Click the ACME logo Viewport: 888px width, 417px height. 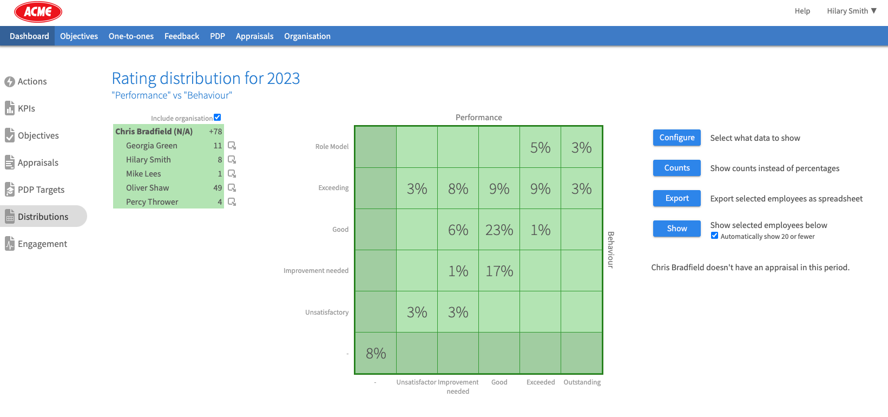tap(38, 11)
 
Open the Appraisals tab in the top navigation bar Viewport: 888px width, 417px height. tap(254, 36)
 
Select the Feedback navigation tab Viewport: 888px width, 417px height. tap(182, 36)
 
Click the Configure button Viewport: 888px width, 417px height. tap(676, 138)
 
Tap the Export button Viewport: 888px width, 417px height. tap(676, 198)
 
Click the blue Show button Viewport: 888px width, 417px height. tap(676, 229)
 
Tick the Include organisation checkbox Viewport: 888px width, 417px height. tap(218, 118)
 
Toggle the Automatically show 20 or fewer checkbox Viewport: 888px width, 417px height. tap(714, 236)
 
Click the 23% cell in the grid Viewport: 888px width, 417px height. tap(499, 230)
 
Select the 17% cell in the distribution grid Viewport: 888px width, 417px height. tap(499, 271)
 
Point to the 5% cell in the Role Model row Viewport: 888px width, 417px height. tap(540, 147)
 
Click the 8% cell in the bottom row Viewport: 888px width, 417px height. tap(376, 353)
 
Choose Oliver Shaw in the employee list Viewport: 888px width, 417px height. tap(147, 188)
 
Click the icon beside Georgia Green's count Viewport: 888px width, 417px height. tap(232, 146)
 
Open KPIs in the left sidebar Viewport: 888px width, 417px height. tap(26, 108)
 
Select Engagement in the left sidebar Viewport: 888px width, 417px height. tap(42, 244)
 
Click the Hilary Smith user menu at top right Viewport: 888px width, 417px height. tap(851, 11)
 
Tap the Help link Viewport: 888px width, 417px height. tap(802, 11)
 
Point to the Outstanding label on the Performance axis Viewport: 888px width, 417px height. tap(582, 382)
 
